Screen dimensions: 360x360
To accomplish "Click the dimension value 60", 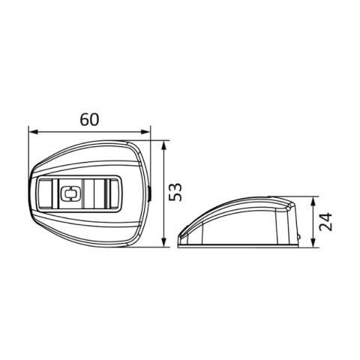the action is [x=89, y=120].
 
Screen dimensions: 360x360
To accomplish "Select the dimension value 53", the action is [x=175, y=192].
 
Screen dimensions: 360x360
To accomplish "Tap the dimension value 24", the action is [x=326, y=221].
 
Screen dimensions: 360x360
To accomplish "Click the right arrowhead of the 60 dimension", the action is [x=145, y=131].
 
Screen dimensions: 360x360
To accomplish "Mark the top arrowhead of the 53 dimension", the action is [x=163, y=145].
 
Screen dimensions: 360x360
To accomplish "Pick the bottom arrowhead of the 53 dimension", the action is [x=163, y=242].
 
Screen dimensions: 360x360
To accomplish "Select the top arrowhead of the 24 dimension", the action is [x=313, y=202].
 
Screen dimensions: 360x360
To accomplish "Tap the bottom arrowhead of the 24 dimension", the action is [x=313, y=242].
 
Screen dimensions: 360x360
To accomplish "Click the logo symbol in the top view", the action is [x=71, y=193].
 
